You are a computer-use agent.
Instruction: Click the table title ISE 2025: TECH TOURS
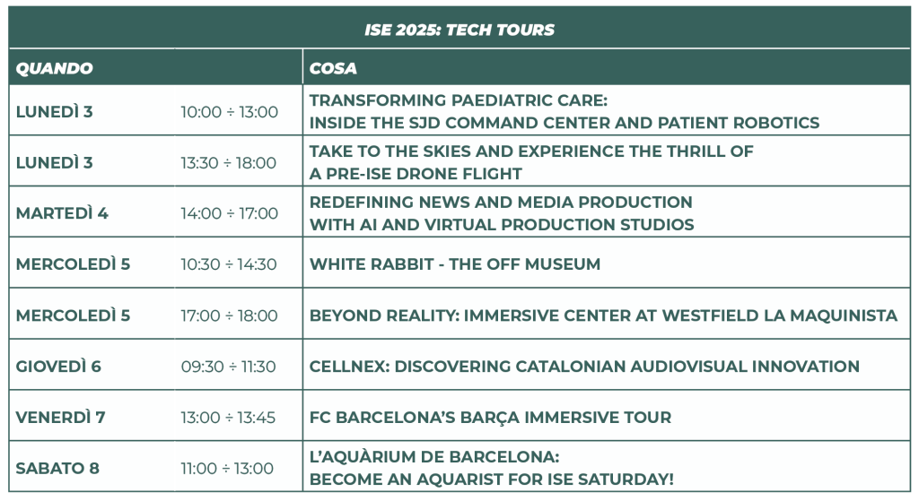click(x=459, y=30)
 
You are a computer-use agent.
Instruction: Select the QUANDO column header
click(x=55, y=68)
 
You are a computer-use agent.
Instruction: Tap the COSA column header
click(x=333, y=68)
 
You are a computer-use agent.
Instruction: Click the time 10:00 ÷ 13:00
click(x=229, y=112)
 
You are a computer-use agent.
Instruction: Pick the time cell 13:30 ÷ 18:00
click(x=229, y=163)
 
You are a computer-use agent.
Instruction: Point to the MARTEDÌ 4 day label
click(x=62, y=213)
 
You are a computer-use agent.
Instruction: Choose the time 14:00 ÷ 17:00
click(x=229, y=213)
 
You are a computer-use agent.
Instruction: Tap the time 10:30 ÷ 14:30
click(x=229, y=264)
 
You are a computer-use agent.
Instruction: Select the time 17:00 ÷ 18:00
click(x=229, y=315)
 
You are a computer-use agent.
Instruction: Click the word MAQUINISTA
click(x=844, y=315)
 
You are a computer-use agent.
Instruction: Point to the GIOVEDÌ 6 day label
click(x=58, y=367)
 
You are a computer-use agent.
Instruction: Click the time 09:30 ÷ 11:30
click(x=229, y=367)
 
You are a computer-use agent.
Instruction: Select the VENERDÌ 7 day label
click(x=60, y=418)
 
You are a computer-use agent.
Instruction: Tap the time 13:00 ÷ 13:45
click(x=228, y=418)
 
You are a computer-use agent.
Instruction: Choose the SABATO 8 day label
click(x=57, y=468)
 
